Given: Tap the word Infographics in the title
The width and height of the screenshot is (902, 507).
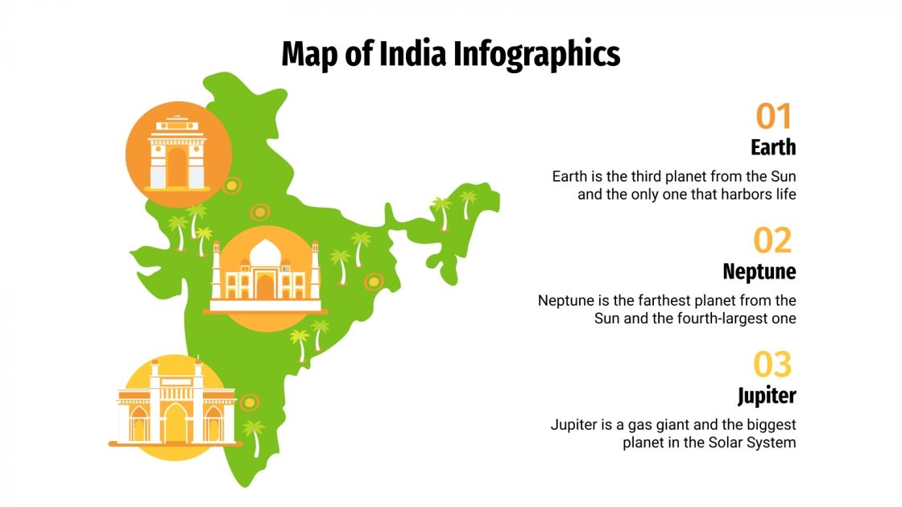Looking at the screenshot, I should tap(537, 54).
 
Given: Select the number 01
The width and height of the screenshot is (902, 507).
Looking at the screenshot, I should tap(774, 117).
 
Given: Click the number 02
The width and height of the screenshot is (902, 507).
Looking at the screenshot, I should tap(773, 241).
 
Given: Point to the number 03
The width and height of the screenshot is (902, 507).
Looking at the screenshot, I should tap(773, 365).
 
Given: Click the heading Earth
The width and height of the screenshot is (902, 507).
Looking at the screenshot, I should tap(773, 147).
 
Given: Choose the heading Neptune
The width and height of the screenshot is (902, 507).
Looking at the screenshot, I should tap(759, 271).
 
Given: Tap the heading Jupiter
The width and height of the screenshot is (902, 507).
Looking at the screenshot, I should tap(767, 396).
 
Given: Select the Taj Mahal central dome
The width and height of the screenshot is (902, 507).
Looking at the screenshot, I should tap(265, 254).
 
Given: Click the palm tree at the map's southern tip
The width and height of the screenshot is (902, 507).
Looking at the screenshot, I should tap(254, 435).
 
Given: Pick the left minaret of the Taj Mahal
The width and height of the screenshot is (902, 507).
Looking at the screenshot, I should tap(216, 270).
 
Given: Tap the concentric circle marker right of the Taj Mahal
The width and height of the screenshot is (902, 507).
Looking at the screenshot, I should tap(373, 281).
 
